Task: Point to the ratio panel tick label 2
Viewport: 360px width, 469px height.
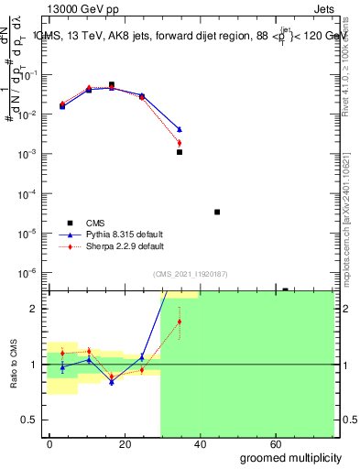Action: coord(35,309)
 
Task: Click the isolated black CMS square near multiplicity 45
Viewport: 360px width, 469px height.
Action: coord(217,212)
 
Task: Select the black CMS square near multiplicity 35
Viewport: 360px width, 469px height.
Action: coord(180,152)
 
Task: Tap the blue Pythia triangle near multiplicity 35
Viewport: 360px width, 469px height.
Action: coord(180,129)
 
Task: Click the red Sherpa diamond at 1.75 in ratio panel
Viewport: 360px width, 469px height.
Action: coord(180,322)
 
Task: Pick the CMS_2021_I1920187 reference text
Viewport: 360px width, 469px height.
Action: coord(190,273)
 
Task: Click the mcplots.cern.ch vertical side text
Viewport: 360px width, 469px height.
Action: coord(348,220)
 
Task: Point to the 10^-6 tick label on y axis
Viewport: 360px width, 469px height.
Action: coord(30,273)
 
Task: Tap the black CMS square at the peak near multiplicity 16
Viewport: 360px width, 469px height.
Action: coord(112,84)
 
